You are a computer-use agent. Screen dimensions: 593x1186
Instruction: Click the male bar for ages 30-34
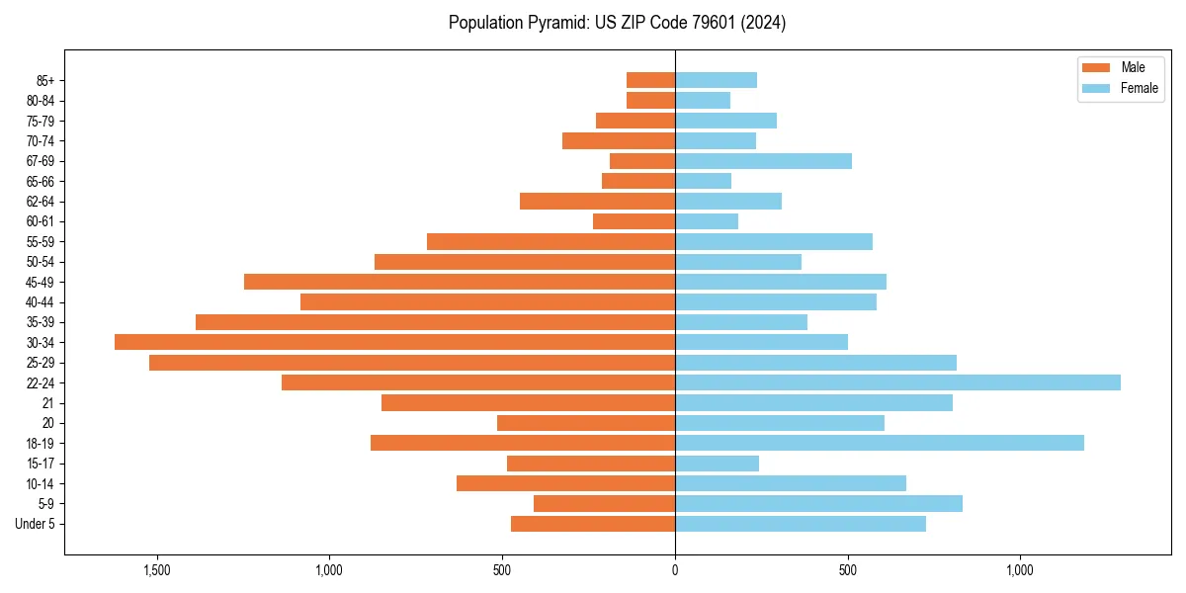click(x=395, y=342)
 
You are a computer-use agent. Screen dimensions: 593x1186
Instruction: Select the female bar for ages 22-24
click(x=897, y=382)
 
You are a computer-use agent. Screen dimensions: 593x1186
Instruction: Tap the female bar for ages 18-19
click(x=880, y=443)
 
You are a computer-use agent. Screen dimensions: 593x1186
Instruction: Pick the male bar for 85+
click(x=650, y=80)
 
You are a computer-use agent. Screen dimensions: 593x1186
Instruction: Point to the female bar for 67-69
click(x=763, y=161)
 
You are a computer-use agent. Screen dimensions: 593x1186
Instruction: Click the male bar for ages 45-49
click(x=460, y=282)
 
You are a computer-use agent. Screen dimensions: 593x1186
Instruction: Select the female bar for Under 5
click(x=801, y=524)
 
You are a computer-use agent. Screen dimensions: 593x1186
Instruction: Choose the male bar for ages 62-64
click(x=597, y=202)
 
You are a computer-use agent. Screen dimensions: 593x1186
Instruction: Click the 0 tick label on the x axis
click(x=675, y=570)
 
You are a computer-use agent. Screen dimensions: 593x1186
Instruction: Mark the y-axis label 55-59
click(x=40, y=242)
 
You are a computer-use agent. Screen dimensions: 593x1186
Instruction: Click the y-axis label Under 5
click(x=35, y=524)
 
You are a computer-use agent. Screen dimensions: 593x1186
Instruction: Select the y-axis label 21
click(x=47, y=403)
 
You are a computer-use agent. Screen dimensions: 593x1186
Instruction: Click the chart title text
click(x=617, y=23)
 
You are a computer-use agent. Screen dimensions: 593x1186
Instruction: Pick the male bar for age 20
click(x=586, y=423)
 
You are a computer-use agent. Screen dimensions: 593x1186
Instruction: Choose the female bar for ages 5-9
click(x=818, y=504)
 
